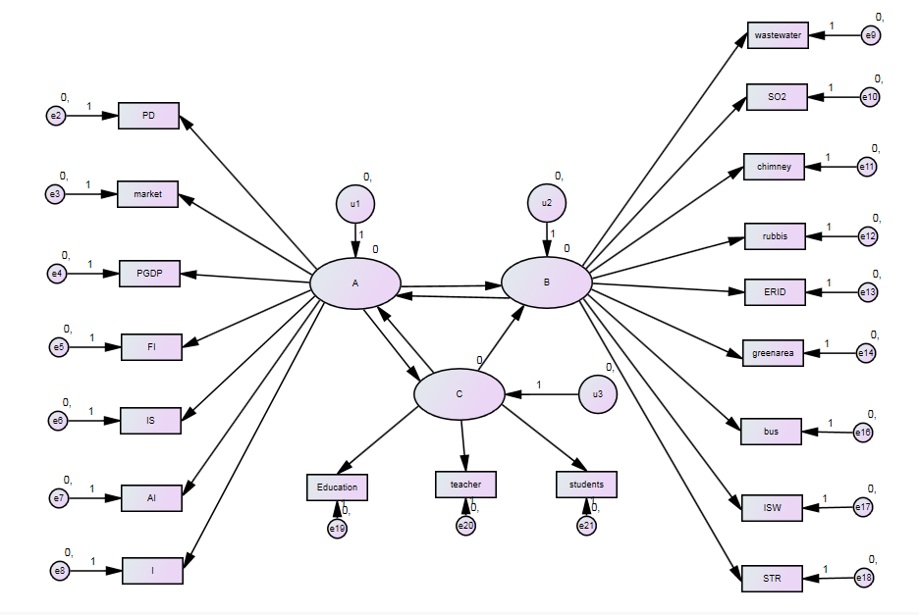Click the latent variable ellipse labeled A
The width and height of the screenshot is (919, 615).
coord(355,283)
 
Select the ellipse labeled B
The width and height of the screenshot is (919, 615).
coord(547,282)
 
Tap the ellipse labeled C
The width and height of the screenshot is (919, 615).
coord(459,394)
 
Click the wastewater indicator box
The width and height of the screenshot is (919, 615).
coord(777,36)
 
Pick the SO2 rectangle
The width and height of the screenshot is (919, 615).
coord(777,97)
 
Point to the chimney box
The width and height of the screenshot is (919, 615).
coord(775,167)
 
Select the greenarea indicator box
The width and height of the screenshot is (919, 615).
coord(773,352)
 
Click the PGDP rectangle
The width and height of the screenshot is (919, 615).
coord(149,274)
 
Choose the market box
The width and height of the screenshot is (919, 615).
coord(148,194)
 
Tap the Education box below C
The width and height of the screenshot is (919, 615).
coord(337,487)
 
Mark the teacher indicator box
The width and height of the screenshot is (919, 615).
coord(465,484)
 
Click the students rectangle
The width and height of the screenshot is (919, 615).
coord(586,485)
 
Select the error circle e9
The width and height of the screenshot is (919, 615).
coord(871,36)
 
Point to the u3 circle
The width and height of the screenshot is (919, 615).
coord(597,394)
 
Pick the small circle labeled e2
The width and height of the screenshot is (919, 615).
coord(56,116)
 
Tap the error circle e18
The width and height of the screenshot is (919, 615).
coord(864,578)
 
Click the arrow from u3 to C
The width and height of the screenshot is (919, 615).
coord(540,394)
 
